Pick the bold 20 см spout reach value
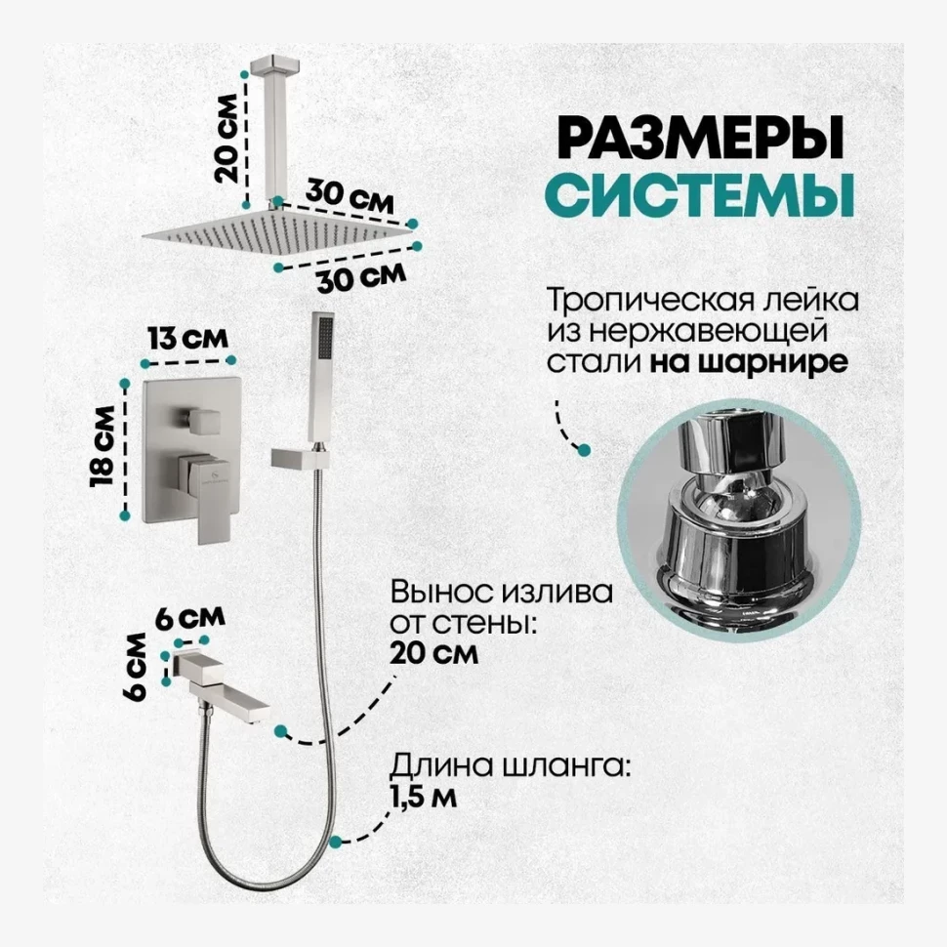point(433,652)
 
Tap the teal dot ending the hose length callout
point(336,840)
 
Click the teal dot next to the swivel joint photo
point(585,450)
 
